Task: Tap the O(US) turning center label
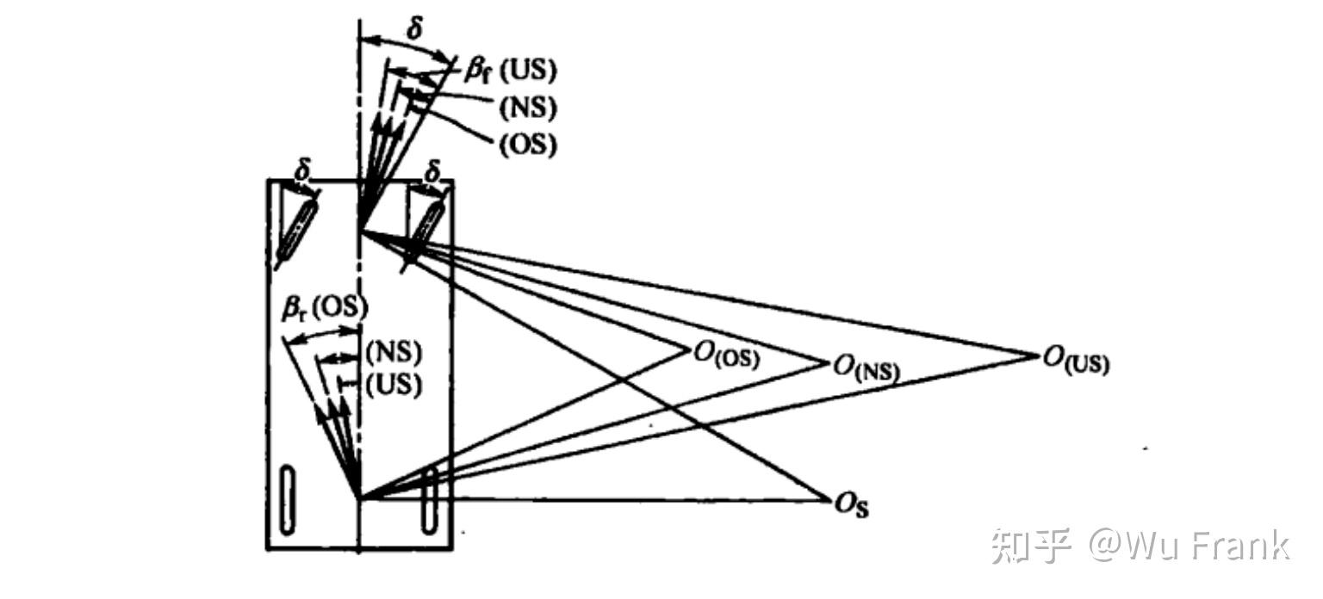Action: pyautogui.click(x=1076, y=359)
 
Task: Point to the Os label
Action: pyautogui.click(x=852, y=505)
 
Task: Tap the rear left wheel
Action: pyautogui.click(x=291, y=498)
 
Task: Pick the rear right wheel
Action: pyautogui.click(x=429, y=500)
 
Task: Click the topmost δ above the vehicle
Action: pyautogui.click(x=415, y=28)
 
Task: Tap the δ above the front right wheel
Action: pyautogui.click(x=433, y=175)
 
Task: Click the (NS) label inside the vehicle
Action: pyautogui.click(x=394, y=353)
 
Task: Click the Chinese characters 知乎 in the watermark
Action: pyautogui.click(x=1031, y=546)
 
